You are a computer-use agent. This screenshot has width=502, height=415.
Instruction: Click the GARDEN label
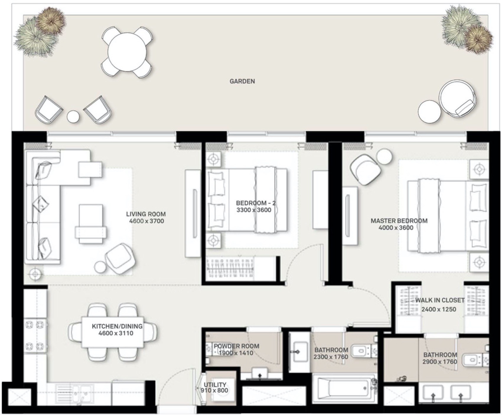[x=242, y=81]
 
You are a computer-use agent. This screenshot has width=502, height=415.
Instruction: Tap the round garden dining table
[x=127, y=52]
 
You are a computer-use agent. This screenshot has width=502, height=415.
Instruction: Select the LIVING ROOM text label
[x=146, y=214]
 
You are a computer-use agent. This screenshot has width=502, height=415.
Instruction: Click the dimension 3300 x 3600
[x=254, y=210]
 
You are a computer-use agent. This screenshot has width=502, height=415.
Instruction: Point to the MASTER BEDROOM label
[x=399, y=221]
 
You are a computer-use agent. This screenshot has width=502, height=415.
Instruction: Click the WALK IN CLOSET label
[x=440, y=300]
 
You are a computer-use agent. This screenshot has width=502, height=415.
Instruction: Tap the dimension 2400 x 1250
[x=439, y=309]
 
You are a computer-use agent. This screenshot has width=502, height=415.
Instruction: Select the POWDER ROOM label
[x=237, y=346]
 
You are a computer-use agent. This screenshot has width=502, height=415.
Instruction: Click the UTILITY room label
[x=215, y=385]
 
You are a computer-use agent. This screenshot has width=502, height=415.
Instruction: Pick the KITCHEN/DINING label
[x=117, y=326]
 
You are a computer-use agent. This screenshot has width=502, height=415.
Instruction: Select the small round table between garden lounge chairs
[x=73, y=116]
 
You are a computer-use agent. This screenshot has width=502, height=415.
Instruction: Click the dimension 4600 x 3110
[x=116, y=333]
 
